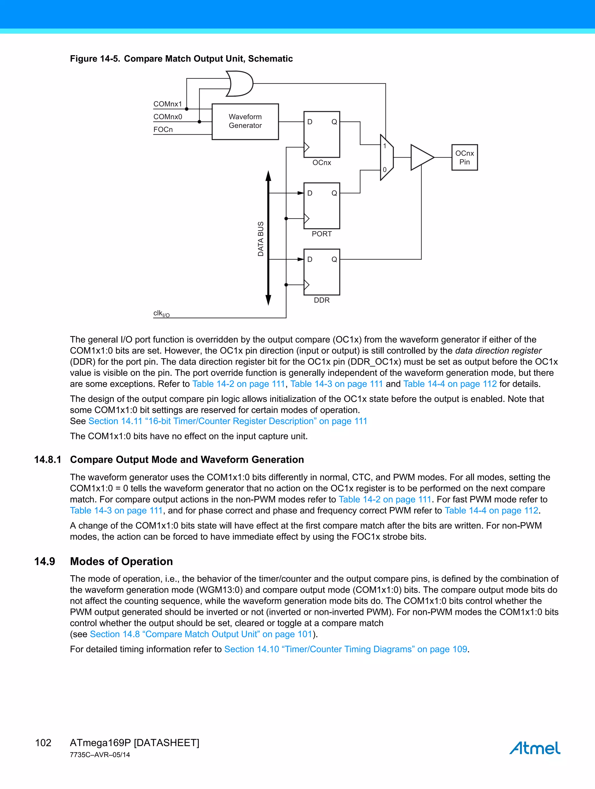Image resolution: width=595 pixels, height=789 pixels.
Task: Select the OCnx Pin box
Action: (x=464, y=157)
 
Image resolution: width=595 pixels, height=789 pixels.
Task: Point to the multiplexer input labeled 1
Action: (x=385, y=146)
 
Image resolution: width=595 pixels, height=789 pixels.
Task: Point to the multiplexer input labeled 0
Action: (x=385, y=170)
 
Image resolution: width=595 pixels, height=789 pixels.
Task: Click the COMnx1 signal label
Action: (x=168, y=104)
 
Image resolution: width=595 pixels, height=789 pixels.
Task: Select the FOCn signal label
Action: (x=163, y=129)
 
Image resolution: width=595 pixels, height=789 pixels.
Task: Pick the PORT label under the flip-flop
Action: (x=321, y=234)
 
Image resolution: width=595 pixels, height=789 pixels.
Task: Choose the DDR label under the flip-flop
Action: (x=321, y=300)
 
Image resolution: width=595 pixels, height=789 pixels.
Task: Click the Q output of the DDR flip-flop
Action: (x=334, y=259)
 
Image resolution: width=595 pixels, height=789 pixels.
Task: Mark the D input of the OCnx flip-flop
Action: (x=310, y=122)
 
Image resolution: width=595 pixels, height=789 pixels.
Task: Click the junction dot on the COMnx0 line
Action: (x=199, y=122)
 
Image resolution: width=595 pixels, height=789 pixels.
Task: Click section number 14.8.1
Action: (x=47, y=459)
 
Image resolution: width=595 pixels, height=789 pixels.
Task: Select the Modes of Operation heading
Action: (x=121, y=561)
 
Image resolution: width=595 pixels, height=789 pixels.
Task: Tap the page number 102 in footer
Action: (x=43, y=743)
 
